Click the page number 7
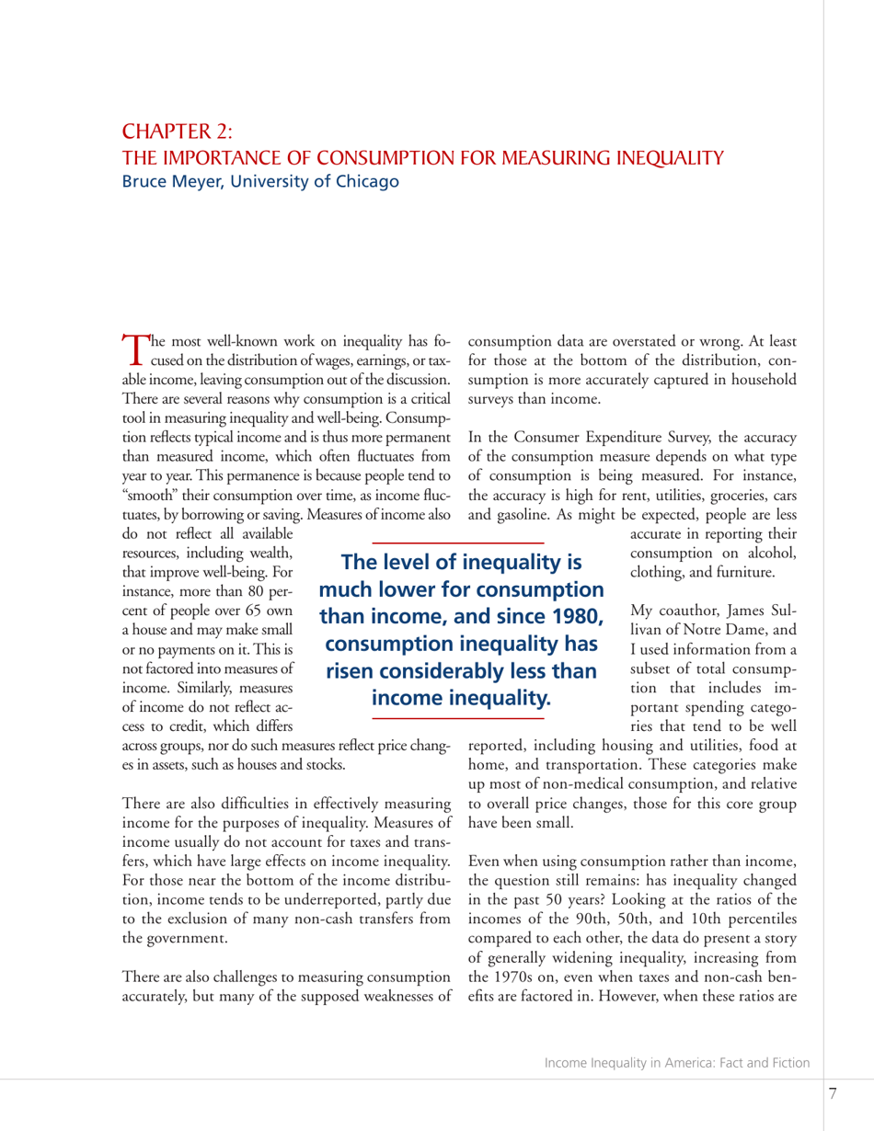(x=832, y=1092)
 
